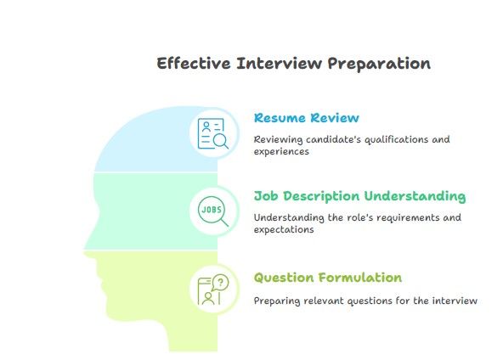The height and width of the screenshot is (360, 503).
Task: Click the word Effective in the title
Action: click(x=194, y=63)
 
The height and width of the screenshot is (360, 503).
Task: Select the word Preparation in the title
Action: click(x=379, y=65)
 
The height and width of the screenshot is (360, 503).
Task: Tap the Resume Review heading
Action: click(x=307, y=118)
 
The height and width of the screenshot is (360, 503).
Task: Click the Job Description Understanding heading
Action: click(x=359, y=196)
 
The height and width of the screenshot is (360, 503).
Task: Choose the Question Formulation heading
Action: click(x=327, y=278)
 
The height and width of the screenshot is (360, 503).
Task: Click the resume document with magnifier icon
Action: click(x=213, y=133)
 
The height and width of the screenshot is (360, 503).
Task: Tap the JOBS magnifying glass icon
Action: click(x=213, y=211)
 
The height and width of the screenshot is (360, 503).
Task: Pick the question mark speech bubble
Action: click(x=220, y=283)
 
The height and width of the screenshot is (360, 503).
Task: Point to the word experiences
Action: click(x=281, y=152)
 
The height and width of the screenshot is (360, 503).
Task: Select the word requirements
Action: click(x=408, y=218)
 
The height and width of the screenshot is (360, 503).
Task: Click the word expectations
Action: click(x=284, y=230)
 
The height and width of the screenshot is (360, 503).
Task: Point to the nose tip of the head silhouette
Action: click(x=84, y=249)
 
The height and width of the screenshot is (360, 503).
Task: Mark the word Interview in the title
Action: click(x=279, y=63)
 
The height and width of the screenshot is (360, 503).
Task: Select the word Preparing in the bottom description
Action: click(x=277, y=301)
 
